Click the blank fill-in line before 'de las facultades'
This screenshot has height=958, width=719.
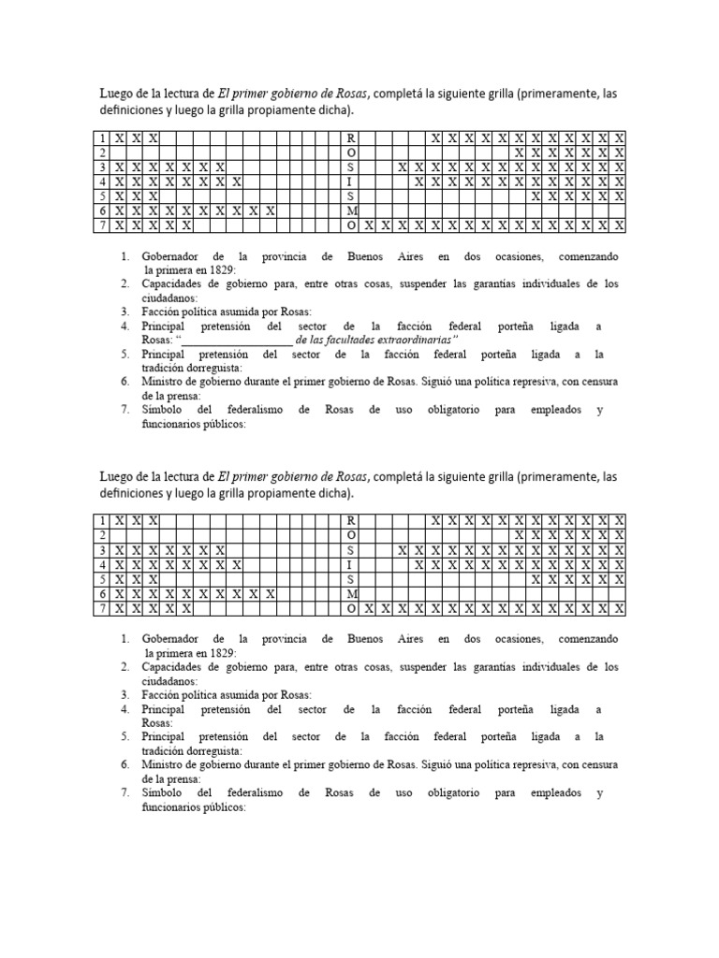point(236,341)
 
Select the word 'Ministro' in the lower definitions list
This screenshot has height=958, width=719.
point(168,764)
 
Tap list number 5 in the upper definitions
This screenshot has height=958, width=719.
point(125,355)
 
